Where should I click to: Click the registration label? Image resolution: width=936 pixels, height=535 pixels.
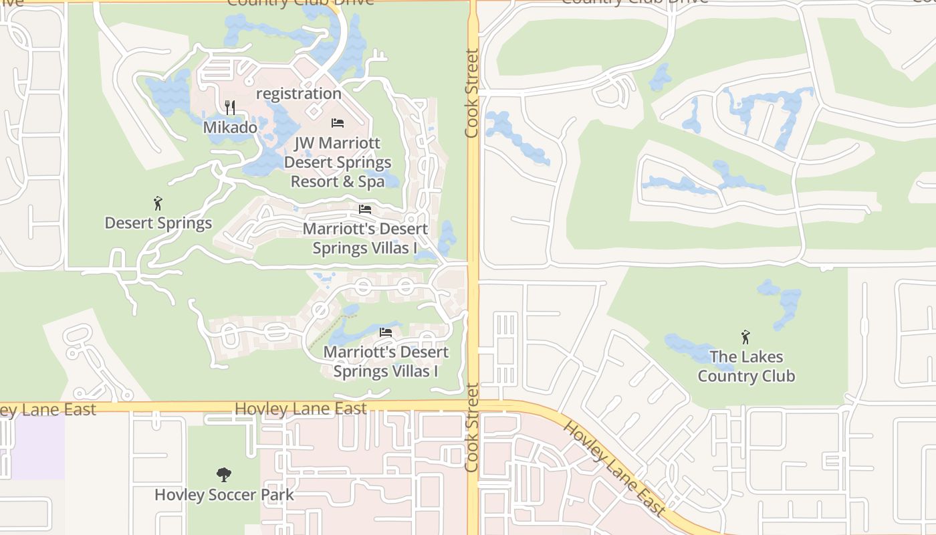[x=299, y=94]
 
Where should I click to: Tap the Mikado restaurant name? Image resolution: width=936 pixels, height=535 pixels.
[x=230, y=127]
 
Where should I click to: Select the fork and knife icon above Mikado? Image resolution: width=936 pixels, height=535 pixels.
[x=230, y=107]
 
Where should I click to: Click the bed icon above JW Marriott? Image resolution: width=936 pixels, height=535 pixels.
[x=338, y=123]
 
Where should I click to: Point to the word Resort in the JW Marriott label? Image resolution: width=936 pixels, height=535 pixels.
[x=314, y=181]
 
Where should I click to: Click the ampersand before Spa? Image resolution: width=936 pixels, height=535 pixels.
[x=354, y=181]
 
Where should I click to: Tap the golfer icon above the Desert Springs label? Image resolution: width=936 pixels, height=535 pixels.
[x=158, y=203]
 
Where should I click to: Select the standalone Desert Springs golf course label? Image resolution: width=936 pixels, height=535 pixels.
[x=158, y=223]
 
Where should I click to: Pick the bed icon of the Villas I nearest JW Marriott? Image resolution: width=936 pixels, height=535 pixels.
[x=365, y=209]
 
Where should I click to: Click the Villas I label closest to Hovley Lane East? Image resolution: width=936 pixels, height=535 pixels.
[x=386, y=361]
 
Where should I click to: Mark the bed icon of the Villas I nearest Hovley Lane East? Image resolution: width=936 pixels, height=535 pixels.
[x=385, y=332]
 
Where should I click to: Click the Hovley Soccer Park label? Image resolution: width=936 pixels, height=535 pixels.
[x=224, y=495]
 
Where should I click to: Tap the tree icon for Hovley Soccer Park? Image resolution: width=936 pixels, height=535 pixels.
[x=224, y=475]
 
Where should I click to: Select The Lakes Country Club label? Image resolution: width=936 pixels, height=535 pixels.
[x=746, y=366]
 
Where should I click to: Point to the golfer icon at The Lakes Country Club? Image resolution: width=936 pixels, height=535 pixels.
[x=746, y=337]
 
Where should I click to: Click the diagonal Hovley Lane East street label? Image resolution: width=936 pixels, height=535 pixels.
[x=614, y=469]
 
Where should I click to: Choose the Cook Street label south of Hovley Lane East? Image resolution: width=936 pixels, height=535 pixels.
[x=472, y=427]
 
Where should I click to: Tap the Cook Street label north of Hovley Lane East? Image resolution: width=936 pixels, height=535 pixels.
[x=472, y=94]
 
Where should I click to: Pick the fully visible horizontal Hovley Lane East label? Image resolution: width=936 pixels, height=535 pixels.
[x=301, y=409]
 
